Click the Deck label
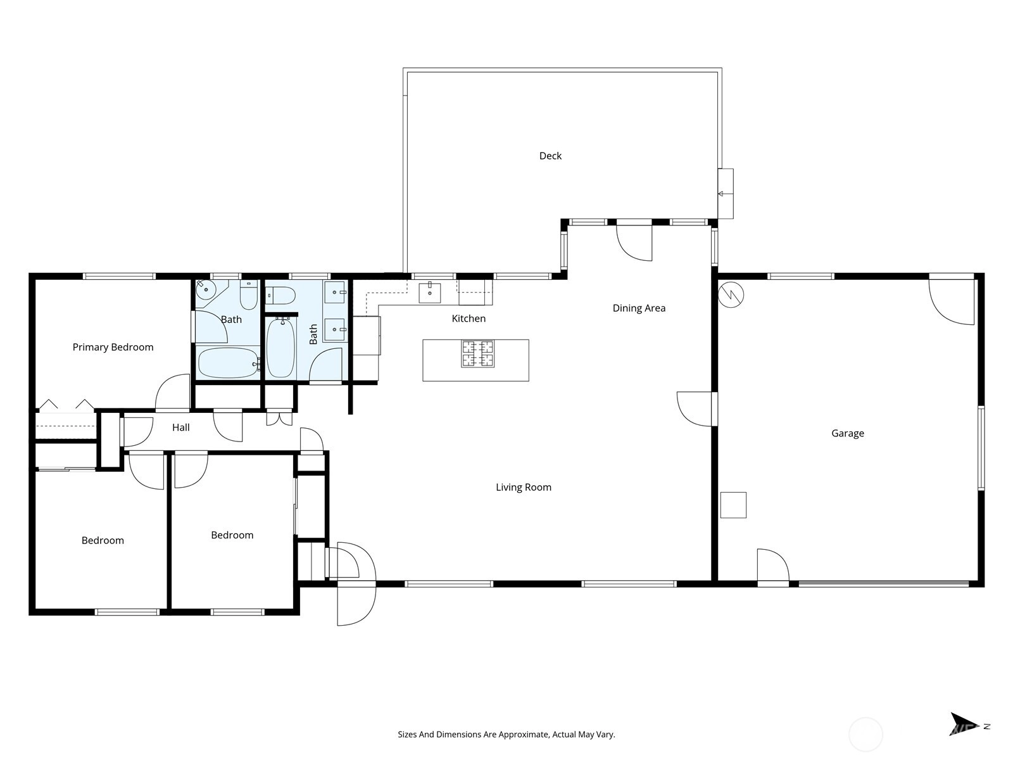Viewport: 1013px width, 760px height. point(550,156)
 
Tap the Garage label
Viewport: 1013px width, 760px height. point(847,433)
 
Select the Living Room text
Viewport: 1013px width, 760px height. point(524,487)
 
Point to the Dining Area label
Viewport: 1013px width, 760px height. point(639,308)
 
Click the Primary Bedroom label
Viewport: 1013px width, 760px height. point(113,347)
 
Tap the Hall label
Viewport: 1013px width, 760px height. point(181,427)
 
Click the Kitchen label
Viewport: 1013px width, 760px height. point(469,319)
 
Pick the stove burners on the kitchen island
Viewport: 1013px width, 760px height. point(477,353)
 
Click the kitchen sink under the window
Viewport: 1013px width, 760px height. point(430,293)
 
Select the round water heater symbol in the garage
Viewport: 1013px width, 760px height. point(731,294)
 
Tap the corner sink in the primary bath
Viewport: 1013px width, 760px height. point(205,289)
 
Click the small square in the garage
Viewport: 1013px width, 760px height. point(733,505)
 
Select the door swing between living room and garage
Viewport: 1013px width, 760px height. point(695,409)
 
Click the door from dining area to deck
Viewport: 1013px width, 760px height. point(634,243)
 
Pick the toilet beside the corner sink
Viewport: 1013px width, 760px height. point(249,295)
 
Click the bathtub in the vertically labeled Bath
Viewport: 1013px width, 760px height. point(280,347)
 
